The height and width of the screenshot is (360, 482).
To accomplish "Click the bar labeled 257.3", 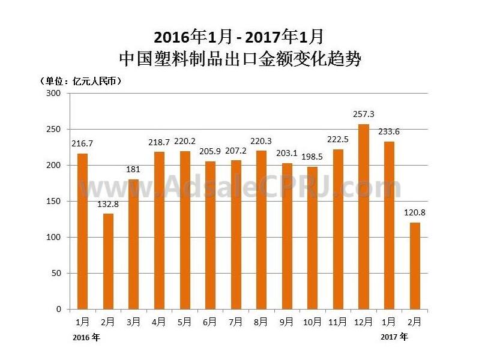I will click(x=364, y=217).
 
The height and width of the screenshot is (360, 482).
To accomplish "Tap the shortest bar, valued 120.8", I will click(x=415, y=266).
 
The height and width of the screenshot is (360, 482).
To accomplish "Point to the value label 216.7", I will click(x=82, y=145).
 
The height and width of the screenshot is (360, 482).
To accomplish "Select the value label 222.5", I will click(x=339, y=140).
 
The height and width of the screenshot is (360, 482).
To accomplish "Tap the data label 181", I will click(x=133, y=170).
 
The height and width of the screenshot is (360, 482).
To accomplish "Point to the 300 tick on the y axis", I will click(x=53, y=94).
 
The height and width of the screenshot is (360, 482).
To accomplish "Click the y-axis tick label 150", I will click(x=53, y=202).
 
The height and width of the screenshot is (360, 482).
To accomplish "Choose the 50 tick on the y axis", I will click(x=56, y=274).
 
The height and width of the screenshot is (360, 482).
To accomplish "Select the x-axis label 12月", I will click(x=364, y=322).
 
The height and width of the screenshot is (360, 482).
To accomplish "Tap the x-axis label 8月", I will click(x=262, y=322).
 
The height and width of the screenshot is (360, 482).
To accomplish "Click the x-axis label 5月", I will click(x=185, y=322).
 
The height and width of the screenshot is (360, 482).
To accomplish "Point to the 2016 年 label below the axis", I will click(x=86, y=338).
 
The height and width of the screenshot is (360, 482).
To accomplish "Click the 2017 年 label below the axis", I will click(x=394, y=337).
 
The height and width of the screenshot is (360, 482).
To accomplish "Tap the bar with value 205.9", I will click(x=210, y=235).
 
